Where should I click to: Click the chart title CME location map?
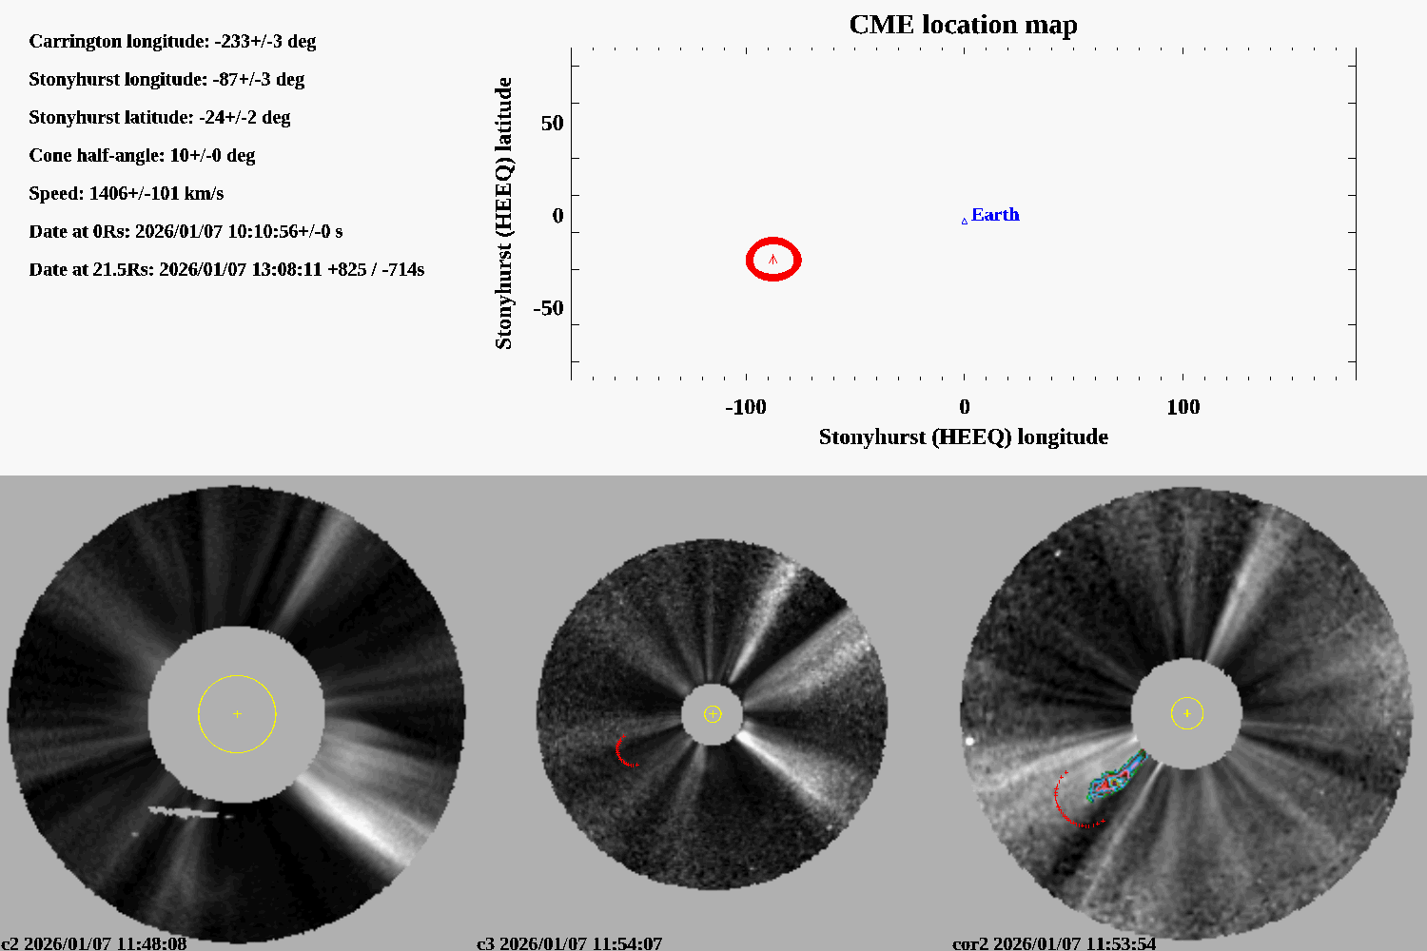[x=963, y=25]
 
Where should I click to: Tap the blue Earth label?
[x=995, y=215]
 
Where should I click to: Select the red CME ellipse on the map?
[x=773, y=259]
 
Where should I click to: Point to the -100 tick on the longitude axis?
[x=746, y=407]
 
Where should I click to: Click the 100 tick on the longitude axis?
[x=1183, y=407]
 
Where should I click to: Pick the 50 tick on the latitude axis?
[x=552, y=124]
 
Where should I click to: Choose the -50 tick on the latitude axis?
[x=548, y=308]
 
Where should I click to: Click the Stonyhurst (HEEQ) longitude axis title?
[x=963, y=437]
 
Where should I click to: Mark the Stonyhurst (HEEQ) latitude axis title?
[x=503, y=213]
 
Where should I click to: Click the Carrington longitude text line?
[x=172, y=41]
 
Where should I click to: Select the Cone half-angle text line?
[x=142, y=155]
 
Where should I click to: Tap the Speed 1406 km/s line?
[x=127, y=193]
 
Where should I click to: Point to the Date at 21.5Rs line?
[x=226, y=269]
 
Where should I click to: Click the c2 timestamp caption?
[x=94, y=943]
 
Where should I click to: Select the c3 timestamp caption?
[x=569, y=943]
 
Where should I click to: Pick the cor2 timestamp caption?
[x=1054, y=943]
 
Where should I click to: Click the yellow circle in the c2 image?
[x=237, y=713]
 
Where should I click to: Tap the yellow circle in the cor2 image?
[x=1187, y=712]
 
